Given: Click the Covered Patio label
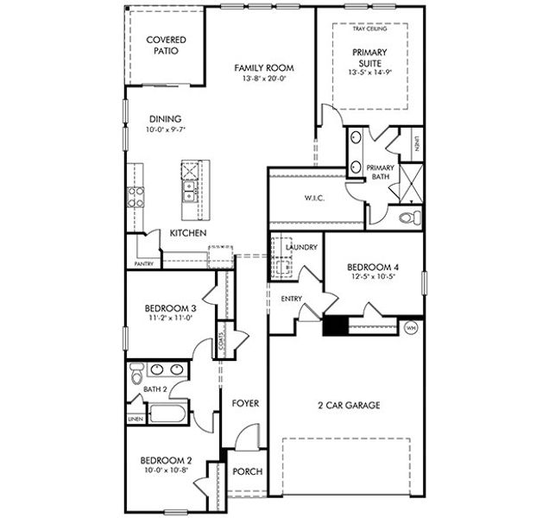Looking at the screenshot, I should [166, 45].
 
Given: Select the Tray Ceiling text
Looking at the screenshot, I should [369, 28].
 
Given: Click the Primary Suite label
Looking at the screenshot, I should [370, 58].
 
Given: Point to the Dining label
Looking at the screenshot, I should [165, 119].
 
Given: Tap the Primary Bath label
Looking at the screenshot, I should [381, 172].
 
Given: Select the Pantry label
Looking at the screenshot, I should [143, 263].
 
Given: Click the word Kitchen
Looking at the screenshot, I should [187, 234].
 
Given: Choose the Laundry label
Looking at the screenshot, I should [302, 248].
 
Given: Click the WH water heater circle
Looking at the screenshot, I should [411, 327].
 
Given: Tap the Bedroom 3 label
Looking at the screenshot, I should [169, 308].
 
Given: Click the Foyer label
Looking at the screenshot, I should [245, 403].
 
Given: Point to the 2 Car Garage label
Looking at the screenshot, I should [349, 405].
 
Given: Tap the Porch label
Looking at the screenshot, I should [248, 471].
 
